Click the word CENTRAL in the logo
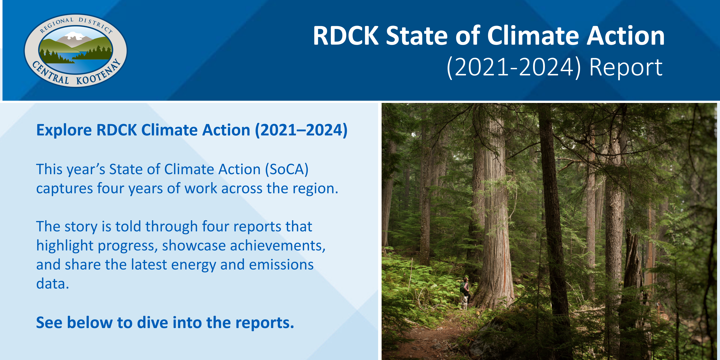click(x=50, y=73)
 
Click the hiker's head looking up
click(x=465, y=279)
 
